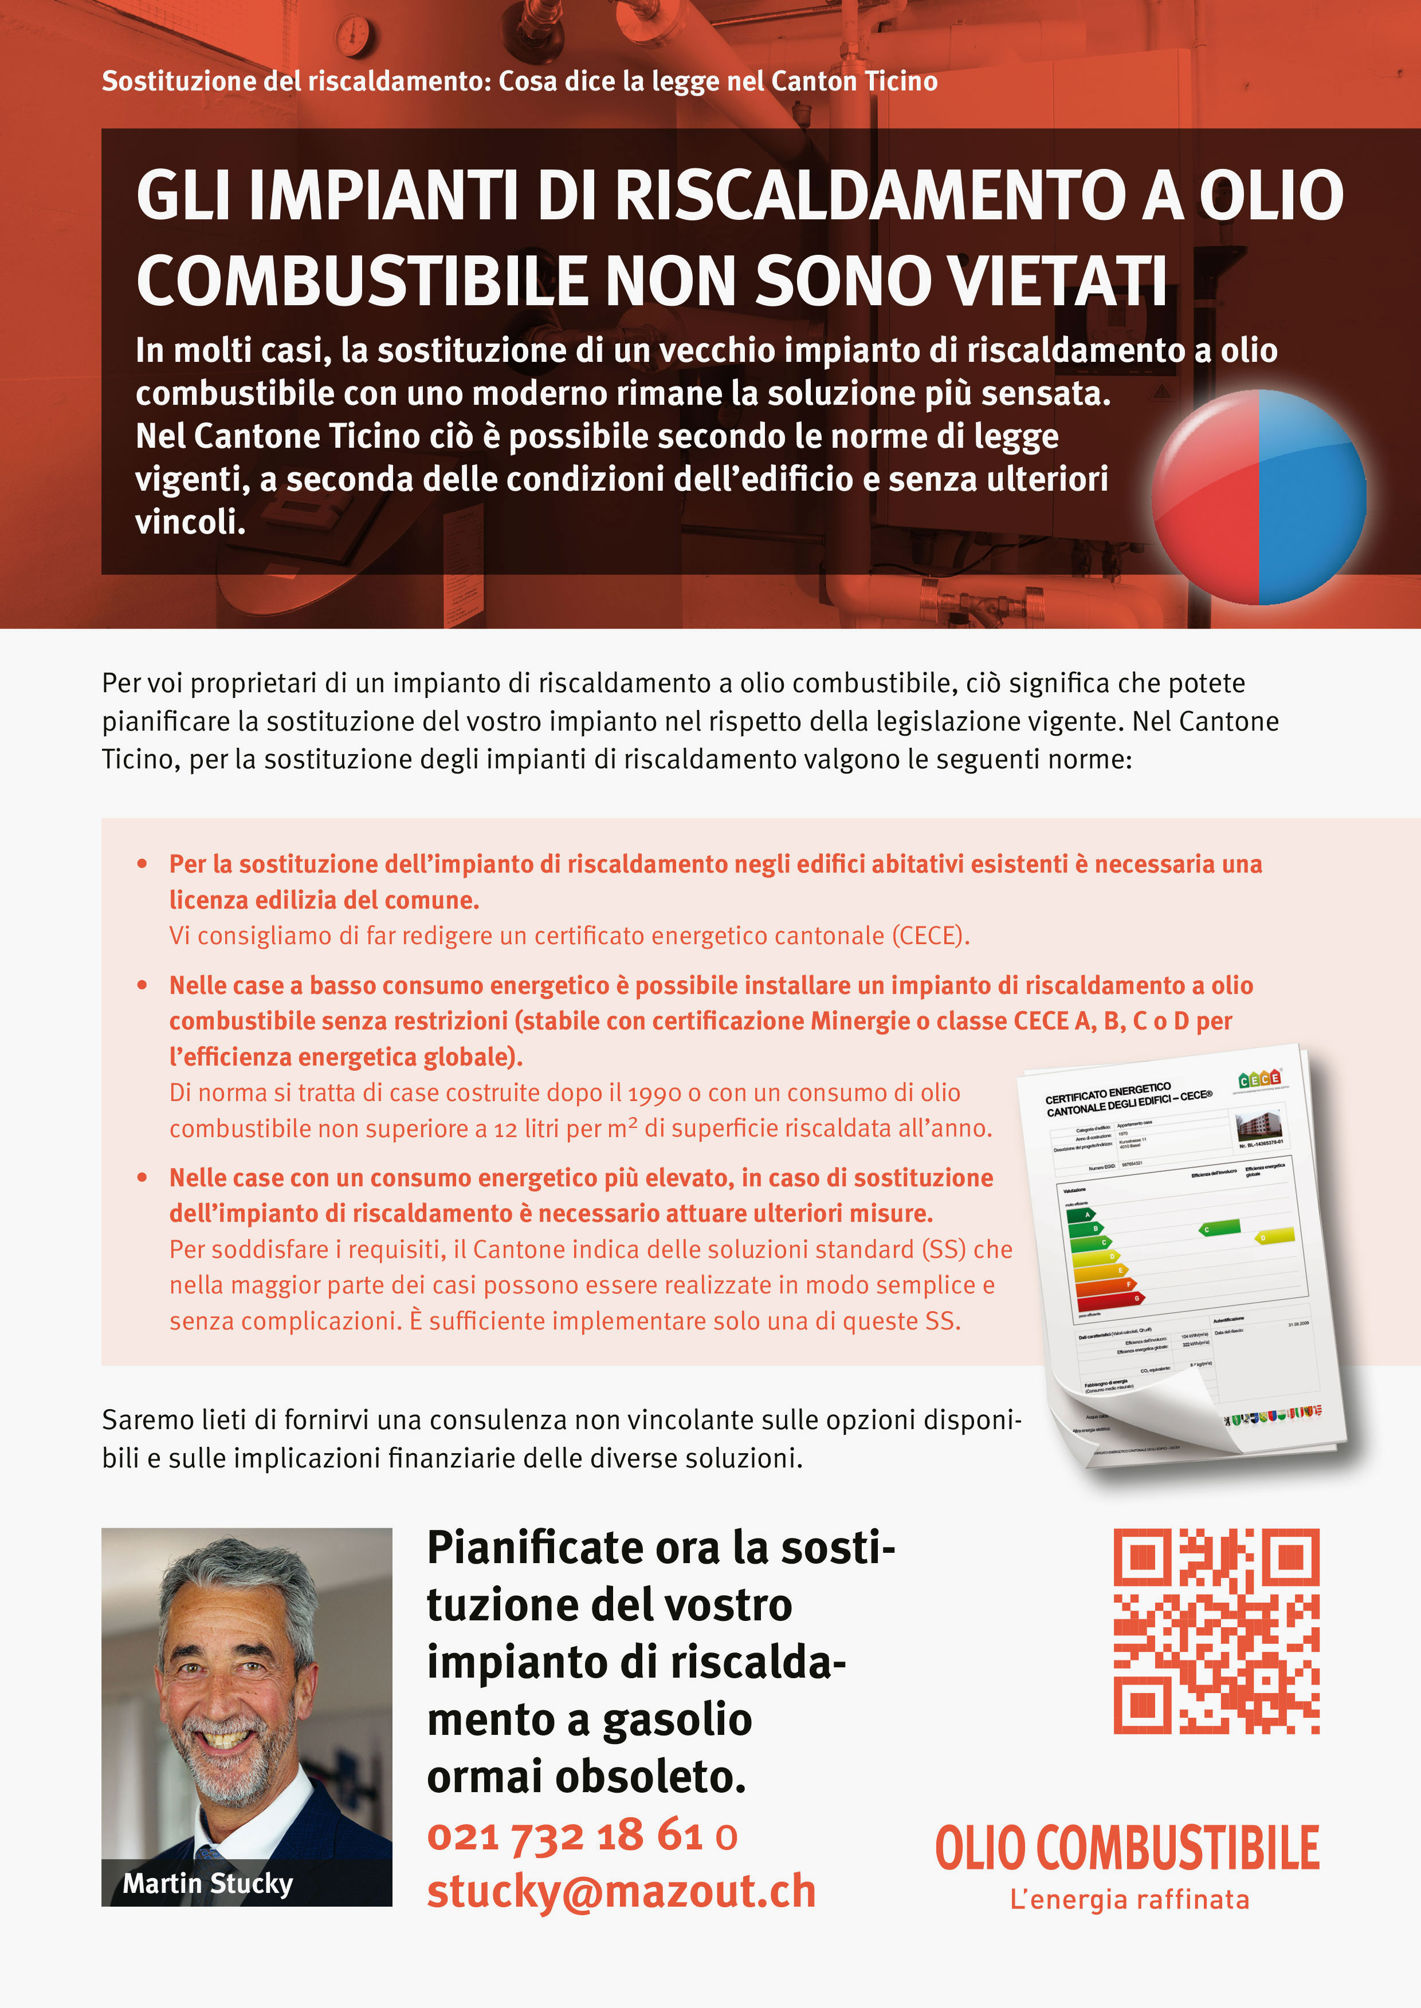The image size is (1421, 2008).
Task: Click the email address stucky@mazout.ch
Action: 621,1892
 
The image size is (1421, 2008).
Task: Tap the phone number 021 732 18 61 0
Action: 582,1835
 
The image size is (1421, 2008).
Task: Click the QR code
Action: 1216,1631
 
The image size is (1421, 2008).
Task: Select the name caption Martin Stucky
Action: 207,1883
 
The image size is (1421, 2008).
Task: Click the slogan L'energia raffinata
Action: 1129,1900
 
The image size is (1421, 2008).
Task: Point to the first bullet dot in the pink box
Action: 142,864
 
